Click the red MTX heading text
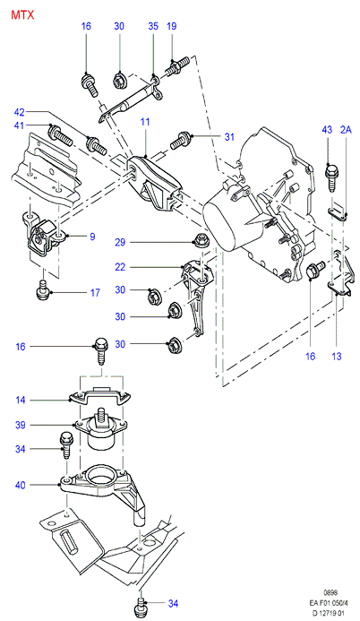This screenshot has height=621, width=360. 22,15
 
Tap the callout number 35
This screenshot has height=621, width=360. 153,26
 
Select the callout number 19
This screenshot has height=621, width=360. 171,26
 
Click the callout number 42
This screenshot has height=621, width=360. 19,112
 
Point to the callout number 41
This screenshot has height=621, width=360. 19,125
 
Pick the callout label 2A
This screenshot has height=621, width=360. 346,130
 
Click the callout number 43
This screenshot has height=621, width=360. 327,130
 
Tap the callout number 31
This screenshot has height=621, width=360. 229,137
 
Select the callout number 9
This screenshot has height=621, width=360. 92,237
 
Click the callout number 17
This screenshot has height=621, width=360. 95,293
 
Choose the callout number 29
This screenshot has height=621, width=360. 120,242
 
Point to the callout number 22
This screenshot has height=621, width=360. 120,267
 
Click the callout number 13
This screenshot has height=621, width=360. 336,357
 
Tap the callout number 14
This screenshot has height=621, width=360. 21,401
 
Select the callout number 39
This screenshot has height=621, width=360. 21,426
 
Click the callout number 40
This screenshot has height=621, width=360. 21,485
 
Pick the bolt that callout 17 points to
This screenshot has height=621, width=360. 41,292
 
